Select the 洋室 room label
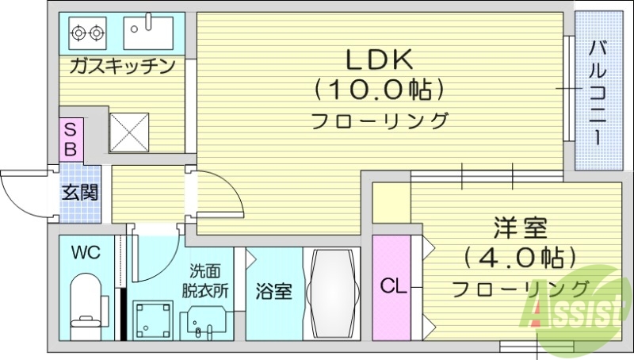coord(519,230)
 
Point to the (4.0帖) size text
coord(519,258)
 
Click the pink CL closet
coord(390,286)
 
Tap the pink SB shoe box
coord(71,139)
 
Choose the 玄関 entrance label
coord(80,192)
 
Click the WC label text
coord(85,253)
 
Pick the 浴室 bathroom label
coord(273,291)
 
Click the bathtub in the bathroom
coord(331,293)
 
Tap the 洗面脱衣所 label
coord(209,281)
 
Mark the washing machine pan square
coord(151,319)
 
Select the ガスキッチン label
coord(122,66)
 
